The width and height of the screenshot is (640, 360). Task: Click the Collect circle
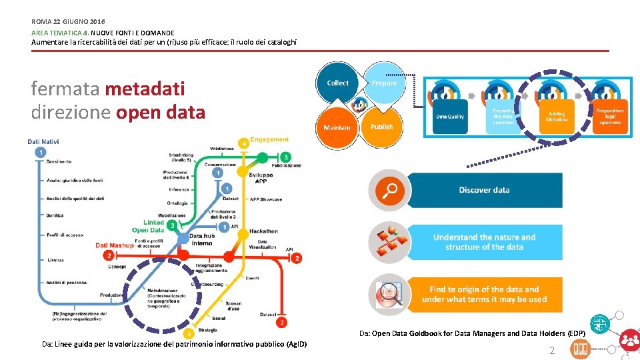click(x=337, y=83)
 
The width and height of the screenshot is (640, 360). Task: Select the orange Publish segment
click(x=381, y=127)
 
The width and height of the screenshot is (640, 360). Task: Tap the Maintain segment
click(x=337, y=127)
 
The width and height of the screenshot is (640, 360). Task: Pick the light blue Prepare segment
click(x=384, y=83)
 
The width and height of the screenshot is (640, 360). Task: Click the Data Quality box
click(x=450, y=117)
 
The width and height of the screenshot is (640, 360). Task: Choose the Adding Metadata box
click(x=557, y=117)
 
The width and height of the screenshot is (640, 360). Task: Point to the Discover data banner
click(x=484, y=190)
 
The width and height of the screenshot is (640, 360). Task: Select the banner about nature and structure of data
click(x=484, y=242)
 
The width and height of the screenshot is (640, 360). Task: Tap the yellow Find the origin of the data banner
click(x=484, y=294)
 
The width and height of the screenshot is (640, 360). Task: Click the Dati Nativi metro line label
click(x=43, y=141)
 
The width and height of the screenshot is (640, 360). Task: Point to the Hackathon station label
click(x=263, y=231)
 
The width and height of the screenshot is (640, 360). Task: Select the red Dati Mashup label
click(x=115, y=245)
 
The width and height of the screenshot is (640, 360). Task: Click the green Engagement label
click(x=269, y=140)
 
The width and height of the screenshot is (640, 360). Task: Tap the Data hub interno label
click(x=202, y=239)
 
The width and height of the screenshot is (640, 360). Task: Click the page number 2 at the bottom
click(x=551, y=351)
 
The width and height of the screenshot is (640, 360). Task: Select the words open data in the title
click(x=161, y=112)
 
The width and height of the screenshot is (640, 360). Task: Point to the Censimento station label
click(x=59, y=161)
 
